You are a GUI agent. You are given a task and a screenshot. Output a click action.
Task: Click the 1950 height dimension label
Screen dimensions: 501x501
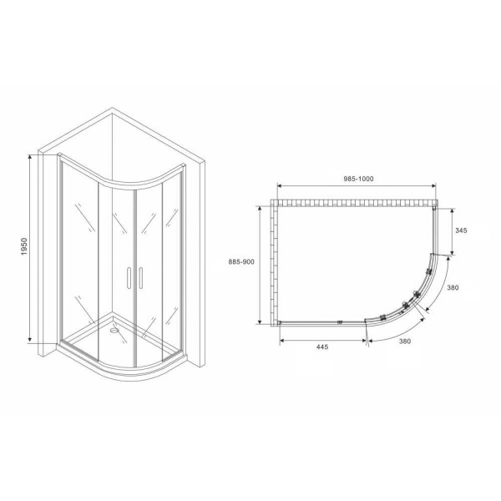(24, 248)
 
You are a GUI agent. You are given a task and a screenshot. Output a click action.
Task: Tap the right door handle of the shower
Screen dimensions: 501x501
(141, 277)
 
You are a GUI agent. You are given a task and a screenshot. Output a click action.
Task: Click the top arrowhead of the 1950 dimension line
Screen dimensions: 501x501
(34, 155)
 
